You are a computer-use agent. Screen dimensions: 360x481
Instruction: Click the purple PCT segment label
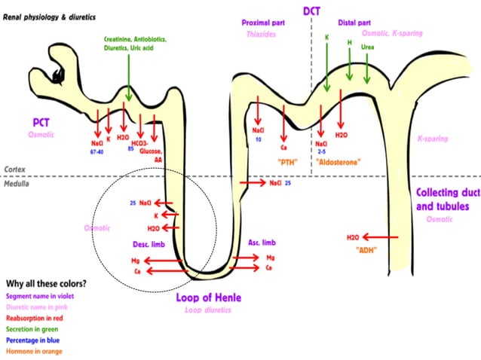click(x=41, y=121)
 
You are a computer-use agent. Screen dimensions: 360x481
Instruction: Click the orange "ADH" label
click(x=366, y=249)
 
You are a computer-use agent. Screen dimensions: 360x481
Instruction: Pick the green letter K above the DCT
click(x=326, y=36)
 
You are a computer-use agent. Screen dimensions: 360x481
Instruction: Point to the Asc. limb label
click(x=262, y=242)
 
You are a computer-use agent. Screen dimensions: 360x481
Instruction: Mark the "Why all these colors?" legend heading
click(x=45, y=284)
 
